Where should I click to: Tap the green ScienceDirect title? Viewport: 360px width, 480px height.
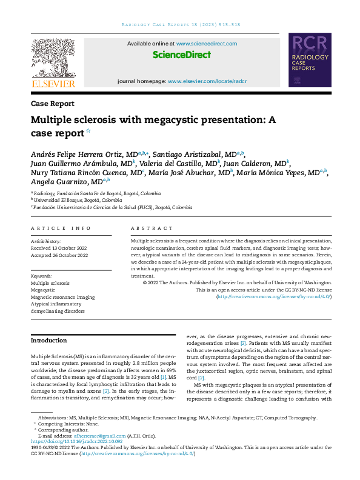point(182,55)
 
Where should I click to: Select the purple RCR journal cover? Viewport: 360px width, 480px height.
point(310,62)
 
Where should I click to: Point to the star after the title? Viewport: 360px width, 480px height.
point(88,130)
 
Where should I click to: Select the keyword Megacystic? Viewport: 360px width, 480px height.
point(43,290)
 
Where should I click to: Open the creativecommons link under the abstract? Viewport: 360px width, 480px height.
point(275,297)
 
